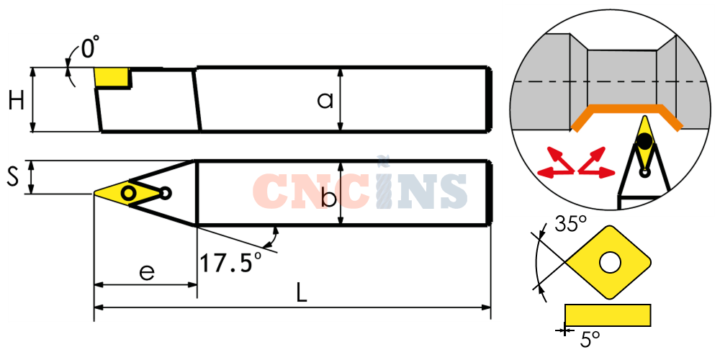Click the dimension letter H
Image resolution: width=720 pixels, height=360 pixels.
pyautogui.click(x=17, y=100)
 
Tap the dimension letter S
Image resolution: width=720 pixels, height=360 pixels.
pyautogui.click(x=13, y=177)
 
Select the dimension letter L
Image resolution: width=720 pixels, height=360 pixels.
pyautogui.click(x=301, y=292)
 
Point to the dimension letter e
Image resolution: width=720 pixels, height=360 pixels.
pyautogui.click(x=146, y=273)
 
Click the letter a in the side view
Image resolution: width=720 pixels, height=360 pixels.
pyautogui.click(x=325, y=100)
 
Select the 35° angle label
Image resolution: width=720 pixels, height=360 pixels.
pyautogui.click(x=571, y=224)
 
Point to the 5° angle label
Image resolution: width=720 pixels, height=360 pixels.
pyautogui.click(x=590, y=340)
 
